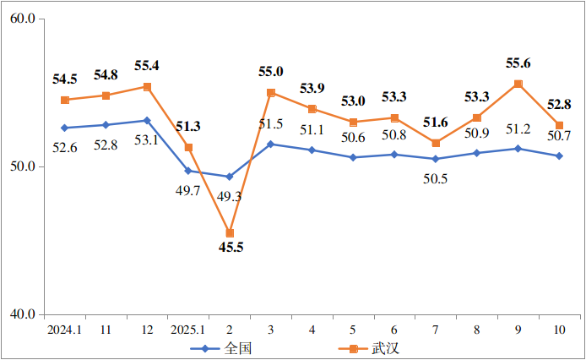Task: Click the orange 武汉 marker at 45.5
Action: point(230,233)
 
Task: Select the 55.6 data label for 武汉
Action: point(519,63)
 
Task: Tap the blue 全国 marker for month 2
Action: point(230,177)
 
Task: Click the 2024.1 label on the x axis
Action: point(65,329)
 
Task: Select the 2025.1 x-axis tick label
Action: point(187,329)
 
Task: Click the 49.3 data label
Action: point(230,196)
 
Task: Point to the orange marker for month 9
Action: point(518,84)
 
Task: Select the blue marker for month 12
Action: point(147,120)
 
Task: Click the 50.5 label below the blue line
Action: point(436,177)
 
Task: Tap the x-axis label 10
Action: point(559,329)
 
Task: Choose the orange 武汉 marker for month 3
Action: point(271,92)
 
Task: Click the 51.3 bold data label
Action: point(188,127)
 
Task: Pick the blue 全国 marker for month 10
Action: point(559,155)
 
